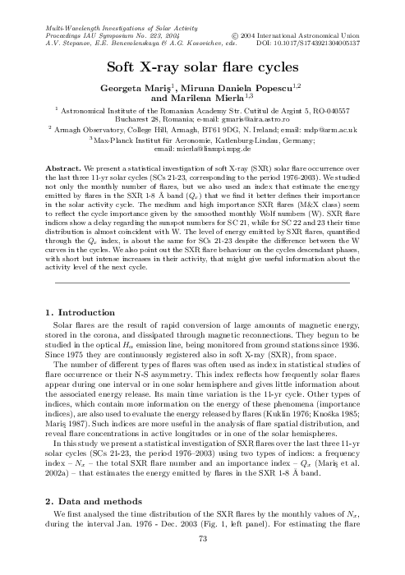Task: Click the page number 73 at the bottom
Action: tap(202, 561)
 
